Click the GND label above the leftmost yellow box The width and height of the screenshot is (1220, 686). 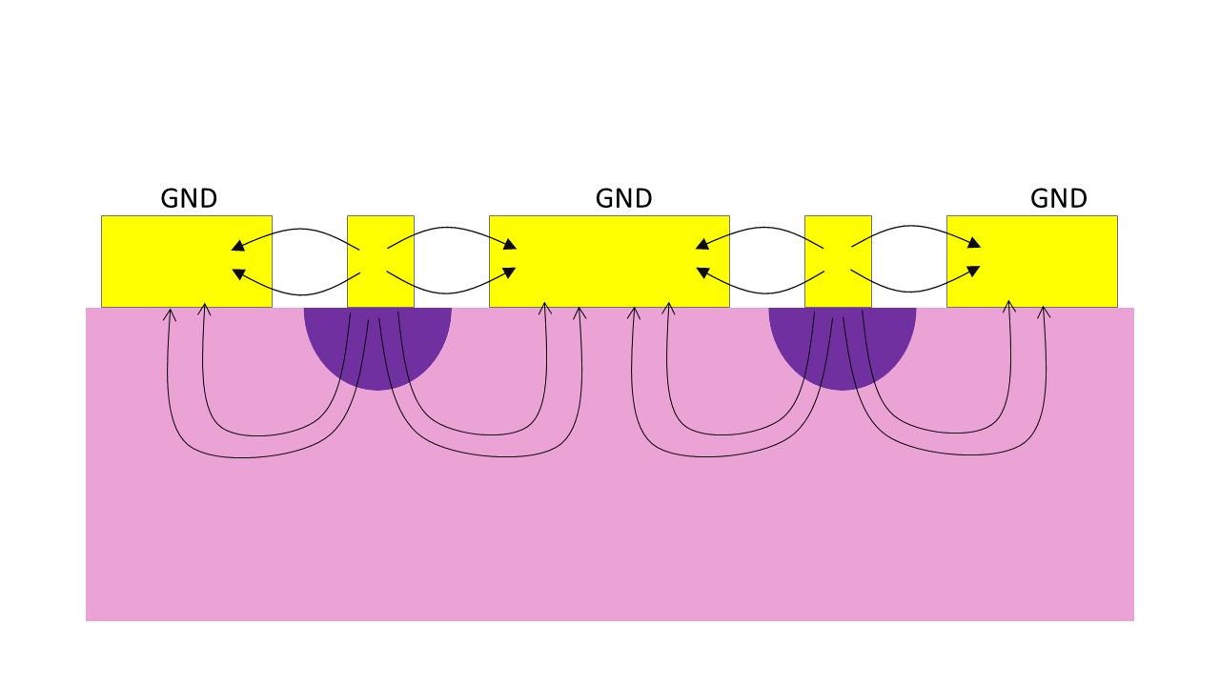189,199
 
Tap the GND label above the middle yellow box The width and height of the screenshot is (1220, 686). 623,199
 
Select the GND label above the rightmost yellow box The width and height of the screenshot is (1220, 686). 1058,199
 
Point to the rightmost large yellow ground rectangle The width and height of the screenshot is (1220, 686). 1048,261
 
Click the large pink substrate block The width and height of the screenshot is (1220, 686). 610,534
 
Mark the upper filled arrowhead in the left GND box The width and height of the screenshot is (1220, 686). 237,246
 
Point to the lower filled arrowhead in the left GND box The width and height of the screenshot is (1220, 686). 237,273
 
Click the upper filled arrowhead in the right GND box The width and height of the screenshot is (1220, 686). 974,244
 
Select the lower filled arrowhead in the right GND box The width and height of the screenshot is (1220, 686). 974,272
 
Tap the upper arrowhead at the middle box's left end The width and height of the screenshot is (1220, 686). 510,245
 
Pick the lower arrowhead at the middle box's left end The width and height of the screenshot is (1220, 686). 510,272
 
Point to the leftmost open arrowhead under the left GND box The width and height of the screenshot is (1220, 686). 171,313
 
